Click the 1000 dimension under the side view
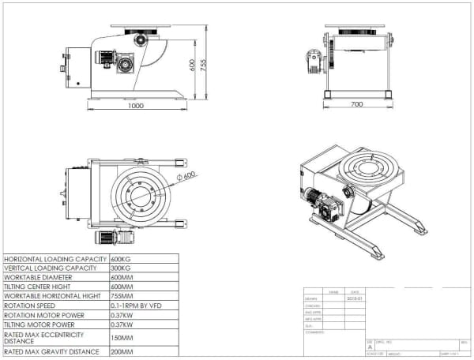(136, 105)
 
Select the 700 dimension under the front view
(356, 103)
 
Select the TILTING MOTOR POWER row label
(39, 324)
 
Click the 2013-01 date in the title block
(355, 299)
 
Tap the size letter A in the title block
(370, 346)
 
